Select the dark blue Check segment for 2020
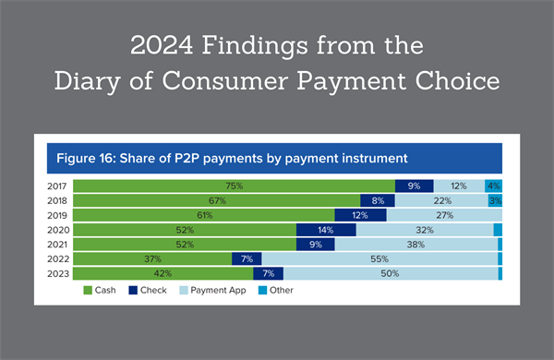(x=326, y=230)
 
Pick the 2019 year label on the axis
(x=57, y=215)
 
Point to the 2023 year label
(x=57, y=274)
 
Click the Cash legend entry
(x=102, y=292)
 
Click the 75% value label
(x=234, y=186)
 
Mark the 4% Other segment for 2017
(x=493, y=186)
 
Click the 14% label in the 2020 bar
(x=326, y=230)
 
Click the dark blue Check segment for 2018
(x=377, y=200)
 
